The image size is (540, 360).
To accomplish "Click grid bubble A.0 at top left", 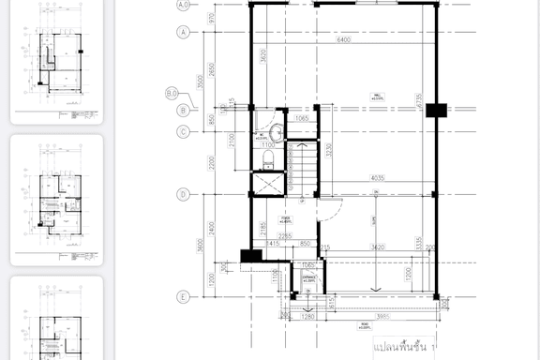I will [184, 5].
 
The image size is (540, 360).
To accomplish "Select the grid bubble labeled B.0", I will [172, 93].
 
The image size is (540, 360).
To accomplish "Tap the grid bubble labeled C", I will [184, 131].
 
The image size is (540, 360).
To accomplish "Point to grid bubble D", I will [184, 195].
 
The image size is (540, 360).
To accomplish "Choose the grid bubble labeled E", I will [184, 297].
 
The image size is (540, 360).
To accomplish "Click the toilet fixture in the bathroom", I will [267, 163].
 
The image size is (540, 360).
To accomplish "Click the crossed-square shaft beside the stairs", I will [267, 184].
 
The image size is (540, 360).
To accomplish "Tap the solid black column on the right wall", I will [433, 111].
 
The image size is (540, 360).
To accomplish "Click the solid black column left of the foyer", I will [249, 255].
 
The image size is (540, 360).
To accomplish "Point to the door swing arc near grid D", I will [328, 209].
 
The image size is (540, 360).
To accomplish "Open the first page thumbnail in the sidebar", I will [56, 61].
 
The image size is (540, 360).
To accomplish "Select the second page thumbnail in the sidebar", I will [56, 200].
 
